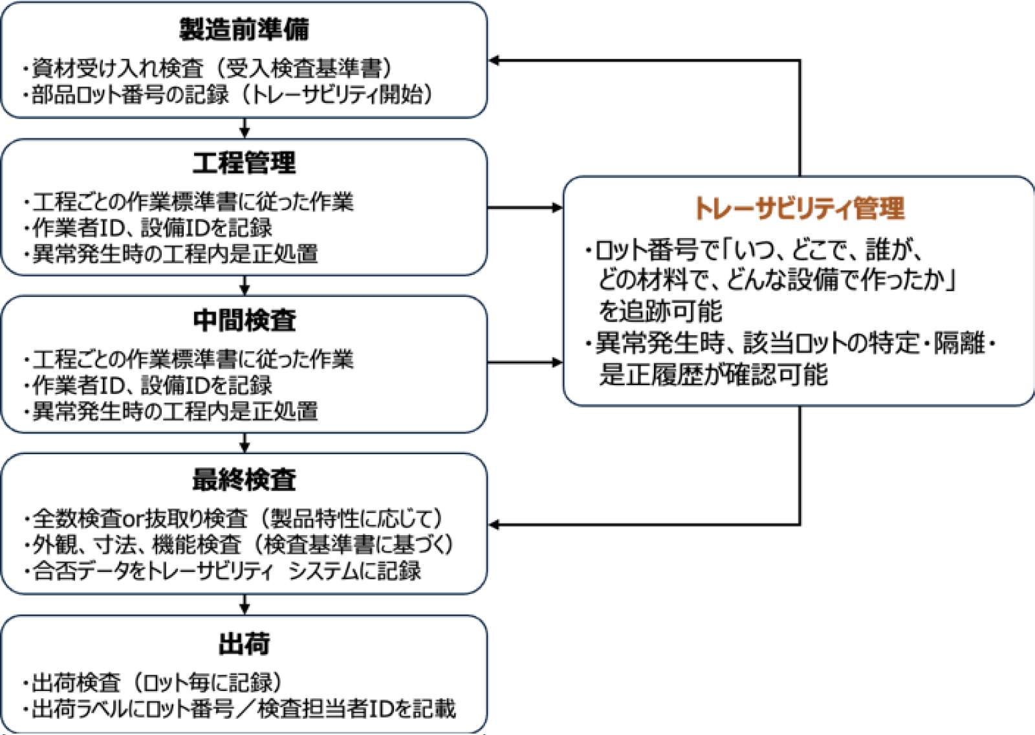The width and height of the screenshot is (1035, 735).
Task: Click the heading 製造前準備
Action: coord(244,29)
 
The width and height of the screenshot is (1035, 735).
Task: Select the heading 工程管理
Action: coord(244,162)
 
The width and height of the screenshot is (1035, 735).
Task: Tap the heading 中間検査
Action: coord(244,320)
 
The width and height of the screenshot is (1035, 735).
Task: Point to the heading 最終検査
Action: coord(244,479)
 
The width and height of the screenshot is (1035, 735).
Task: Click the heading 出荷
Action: coord(244,644)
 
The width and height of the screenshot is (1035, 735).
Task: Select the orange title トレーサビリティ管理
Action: coord(799,208)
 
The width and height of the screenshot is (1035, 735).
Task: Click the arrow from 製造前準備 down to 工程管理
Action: coord(244,128)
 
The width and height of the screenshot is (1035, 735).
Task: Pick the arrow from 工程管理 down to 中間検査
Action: coord(244,285)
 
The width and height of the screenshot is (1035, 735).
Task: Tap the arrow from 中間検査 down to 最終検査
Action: coord(244,443)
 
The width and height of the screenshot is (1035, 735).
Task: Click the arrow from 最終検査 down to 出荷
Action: coord(244,604)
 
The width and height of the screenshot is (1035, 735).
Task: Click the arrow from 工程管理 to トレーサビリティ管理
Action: coord(525,208)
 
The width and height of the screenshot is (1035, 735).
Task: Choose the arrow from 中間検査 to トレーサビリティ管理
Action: coord(525,362)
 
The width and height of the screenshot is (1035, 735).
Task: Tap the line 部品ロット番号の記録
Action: coord(230,94)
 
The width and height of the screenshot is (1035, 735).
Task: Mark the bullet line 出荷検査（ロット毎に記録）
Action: coord(155,683)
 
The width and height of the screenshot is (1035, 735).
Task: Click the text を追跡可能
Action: coord(660,311)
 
